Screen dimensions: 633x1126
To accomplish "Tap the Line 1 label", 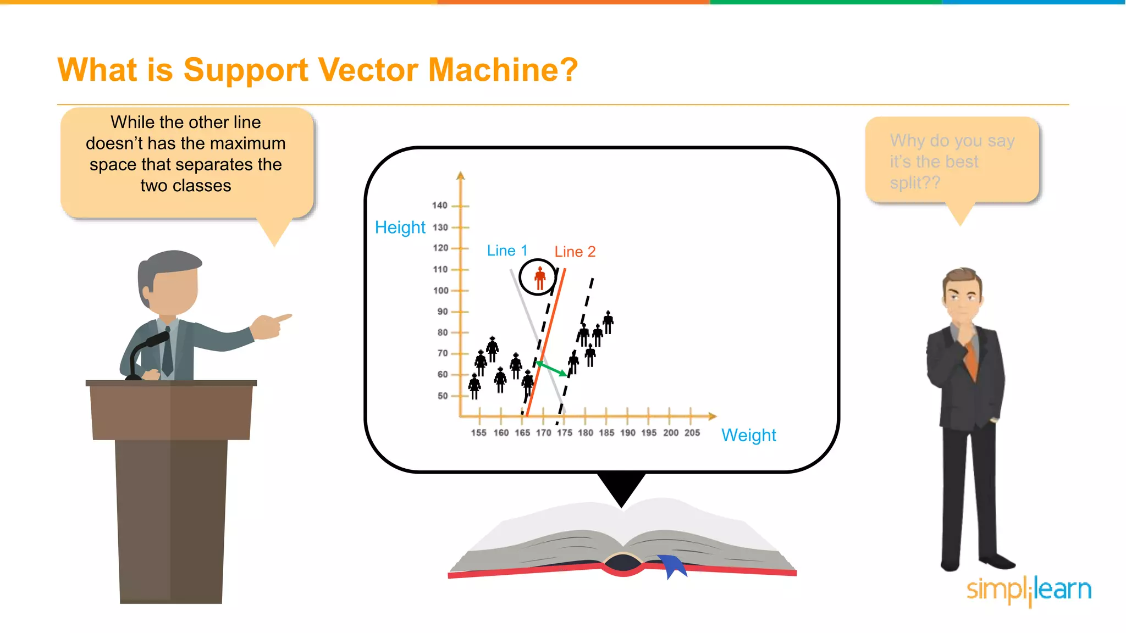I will tap(507, 251).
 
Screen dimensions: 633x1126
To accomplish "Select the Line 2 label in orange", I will tap(575, 252).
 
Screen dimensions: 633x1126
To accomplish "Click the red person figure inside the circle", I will tap(540, 278).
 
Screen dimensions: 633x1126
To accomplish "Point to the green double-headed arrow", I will tap(551, 368).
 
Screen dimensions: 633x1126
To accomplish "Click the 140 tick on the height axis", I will tap(440, 206).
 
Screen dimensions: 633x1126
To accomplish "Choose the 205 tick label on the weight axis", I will tap(692, 433).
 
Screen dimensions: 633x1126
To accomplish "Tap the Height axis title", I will tap(400, 227).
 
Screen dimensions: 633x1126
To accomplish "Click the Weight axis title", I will tap(748, 435).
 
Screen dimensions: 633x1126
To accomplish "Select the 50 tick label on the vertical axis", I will tap(443, 396).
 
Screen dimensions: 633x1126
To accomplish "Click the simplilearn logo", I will tap(1029, 590).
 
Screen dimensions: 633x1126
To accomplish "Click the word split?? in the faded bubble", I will tap(915, 183).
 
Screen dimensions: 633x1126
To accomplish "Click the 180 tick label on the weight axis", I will tap(586, 433).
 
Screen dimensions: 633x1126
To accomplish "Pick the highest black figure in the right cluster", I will tap(608, 322).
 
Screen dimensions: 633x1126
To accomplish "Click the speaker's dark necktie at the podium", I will tap(168, 354).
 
